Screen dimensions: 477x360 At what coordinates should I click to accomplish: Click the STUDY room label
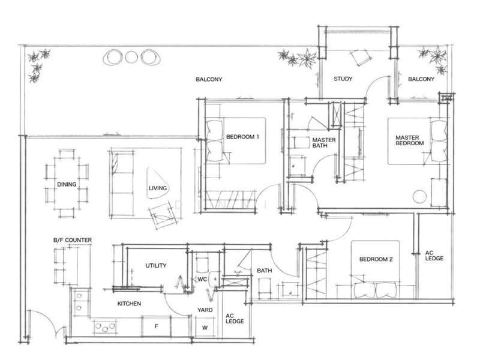pyautogui.click(x=343, y=79)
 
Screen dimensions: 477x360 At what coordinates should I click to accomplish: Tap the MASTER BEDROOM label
pyautogui.click(x=409, y=140)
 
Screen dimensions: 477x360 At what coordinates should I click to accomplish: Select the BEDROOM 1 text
pyautogui.click(x=242, y=137)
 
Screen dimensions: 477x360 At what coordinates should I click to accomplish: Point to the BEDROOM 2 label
pyautogui.click(x=376, y=259)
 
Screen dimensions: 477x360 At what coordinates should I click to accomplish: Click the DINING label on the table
pyautogui.click(x=67, y=184)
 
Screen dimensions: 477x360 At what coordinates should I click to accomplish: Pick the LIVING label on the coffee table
pyautogui.click(x=158, y=188)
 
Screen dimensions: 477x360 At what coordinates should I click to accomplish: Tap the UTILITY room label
pyautogui.click(x=156, y=266)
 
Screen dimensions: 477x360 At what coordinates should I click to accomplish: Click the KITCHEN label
pyautogui.click(x=129, y=304)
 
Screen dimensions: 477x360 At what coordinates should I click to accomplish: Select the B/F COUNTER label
pyautogui.click(x=73, y=240)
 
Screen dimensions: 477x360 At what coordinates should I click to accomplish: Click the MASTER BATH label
pyautogui.click(x=323, y=143)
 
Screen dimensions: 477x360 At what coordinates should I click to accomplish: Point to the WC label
pyautogui.click(x=202, y=280)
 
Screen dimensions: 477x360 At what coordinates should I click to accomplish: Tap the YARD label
pyautogui.click(x=205, y=310)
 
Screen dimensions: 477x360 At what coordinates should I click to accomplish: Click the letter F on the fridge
pyautogui.click(x=156, y=326)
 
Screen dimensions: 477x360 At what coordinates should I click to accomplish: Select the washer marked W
pyautogui.click(x=205, y=328)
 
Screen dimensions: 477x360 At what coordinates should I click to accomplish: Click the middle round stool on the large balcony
pyautogui.click(x=131, y=57)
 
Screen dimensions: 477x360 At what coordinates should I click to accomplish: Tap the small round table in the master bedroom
pyautogui.click(x=420, y=197)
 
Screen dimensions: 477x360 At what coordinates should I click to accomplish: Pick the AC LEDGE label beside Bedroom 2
pyautogui.click(x=434, y=256)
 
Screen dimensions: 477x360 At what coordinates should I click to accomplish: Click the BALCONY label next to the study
pyautogui.click(x=421, y=79)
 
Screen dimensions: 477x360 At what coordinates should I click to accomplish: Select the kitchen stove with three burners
pyautogui.click(x=105, y=328)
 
